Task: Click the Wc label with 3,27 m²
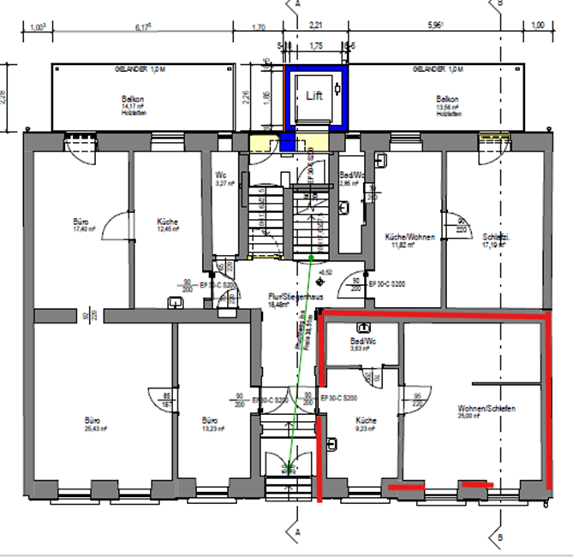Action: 221,175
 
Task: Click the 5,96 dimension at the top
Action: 435,27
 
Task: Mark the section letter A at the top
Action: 297,4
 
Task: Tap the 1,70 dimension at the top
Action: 260,27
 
